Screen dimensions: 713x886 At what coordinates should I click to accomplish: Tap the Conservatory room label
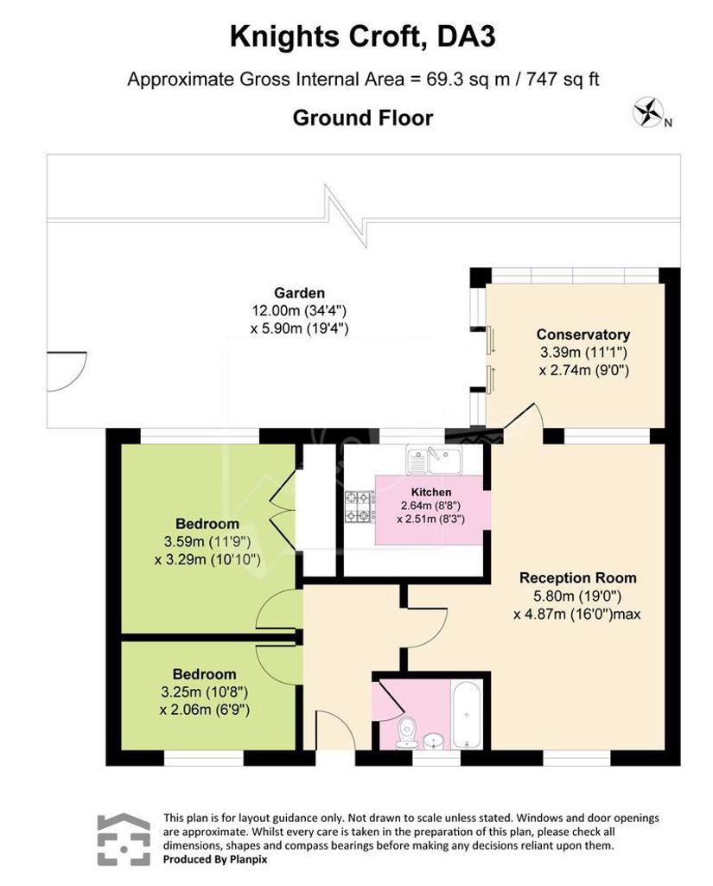tap(583, 335)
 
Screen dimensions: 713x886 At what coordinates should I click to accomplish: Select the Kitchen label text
tap(431, 492)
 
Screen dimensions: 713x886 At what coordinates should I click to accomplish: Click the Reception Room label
tap(578, 578)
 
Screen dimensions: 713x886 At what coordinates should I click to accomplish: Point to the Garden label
tap(299, 293)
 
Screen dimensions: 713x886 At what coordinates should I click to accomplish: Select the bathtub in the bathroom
tap(467, 715)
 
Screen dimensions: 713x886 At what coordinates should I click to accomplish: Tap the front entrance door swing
tap(337, 729)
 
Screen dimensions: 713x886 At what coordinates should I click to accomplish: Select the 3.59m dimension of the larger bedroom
tap(183, 542)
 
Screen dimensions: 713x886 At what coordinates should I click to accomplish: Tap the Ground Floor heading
tap(363, 118)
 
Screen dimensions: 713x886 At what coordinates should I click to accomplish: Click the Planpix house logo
tap(124, 839)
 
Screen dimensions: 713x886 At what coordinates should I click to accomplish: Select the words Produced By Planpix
tap(215, 859)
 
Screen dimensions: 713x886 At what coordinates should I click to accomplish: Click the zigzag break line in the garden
tap(347, 216)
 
